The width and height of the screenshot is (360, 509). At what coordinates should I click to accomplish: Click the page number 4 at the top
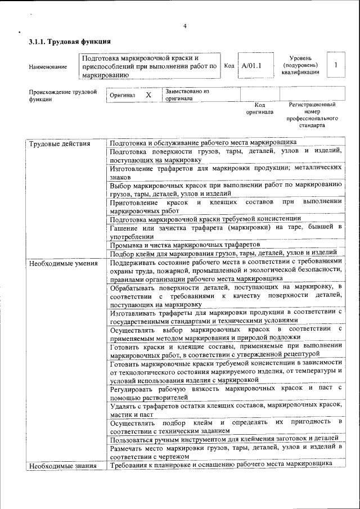[x=184, y=26]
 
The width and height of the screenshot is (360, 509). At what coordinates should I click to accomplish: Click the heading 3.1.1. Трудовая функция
[x=69, y=42]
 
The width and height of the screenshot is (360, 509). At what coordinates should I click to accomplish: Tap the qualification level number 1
[x=336, y=65]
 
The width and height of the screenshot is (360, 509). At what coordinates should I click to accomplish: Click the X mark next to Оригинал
[x=148, y=95]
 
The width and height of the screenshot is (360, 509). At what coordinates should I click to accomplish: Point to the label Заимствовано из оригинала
[x=187, y=94]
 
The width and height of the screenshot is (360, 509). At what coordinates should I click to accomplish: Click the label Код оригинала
[x=259, y=108]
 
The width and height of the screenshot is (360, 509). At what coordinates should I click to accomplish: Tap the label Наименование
[x=48, y=67]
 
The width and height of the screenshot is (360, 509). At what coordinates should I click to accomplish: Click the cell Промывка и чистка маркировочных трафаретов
[x=185, y=245]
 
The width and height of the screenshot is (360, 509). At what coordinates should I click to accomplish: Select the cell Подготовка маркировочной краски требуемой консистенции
[x=205, y=218]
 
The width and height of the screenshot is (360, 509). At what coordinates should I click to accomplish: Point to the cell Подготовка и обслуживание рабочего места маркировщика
[x=202, y=142]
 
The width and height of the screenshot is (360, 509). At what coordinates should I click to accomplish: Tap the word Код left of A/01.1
[x=229, y=65]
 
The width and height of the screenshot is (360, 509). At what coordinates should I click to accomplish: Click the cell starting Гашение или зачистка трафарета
[x=226, y=231]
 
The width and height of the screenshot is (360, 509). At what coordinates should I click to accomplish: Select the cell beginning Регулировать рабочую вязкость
[x=226, y=392]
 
